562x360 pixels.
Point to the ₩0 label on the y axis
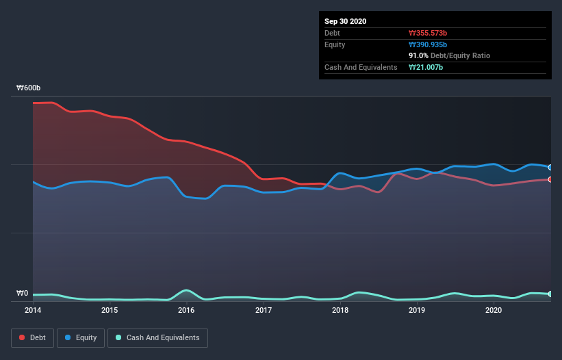[23, 294]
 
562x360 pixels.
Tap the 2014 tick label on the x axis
[32, 310]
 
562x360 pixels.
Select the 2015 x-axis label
[110, 310]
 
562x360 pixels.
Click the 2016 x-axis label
[186, 310]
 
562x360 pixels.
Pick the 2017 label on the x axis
[264, 310]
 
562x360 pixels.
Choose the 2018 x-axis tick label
[340, 310]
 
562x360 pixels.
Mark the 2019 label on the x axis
[417, 310]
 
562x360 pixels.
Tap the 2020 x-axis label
[494, 310]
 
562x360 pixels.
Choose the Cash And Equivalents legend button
[157, 337]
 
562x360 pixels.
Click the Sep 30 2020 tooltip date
[346, 21]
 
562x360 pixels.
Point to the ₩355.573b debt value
[429, 33]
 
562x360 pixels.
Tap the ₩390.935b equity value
[429, 44]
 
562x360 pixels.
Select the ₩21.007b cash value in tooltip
[426, 67]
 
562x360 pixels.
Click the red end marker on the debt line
[550, 179]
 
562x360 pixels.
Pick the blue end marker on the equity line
[550, 167]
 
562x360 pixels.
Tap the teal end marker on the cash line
[550, 294]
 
